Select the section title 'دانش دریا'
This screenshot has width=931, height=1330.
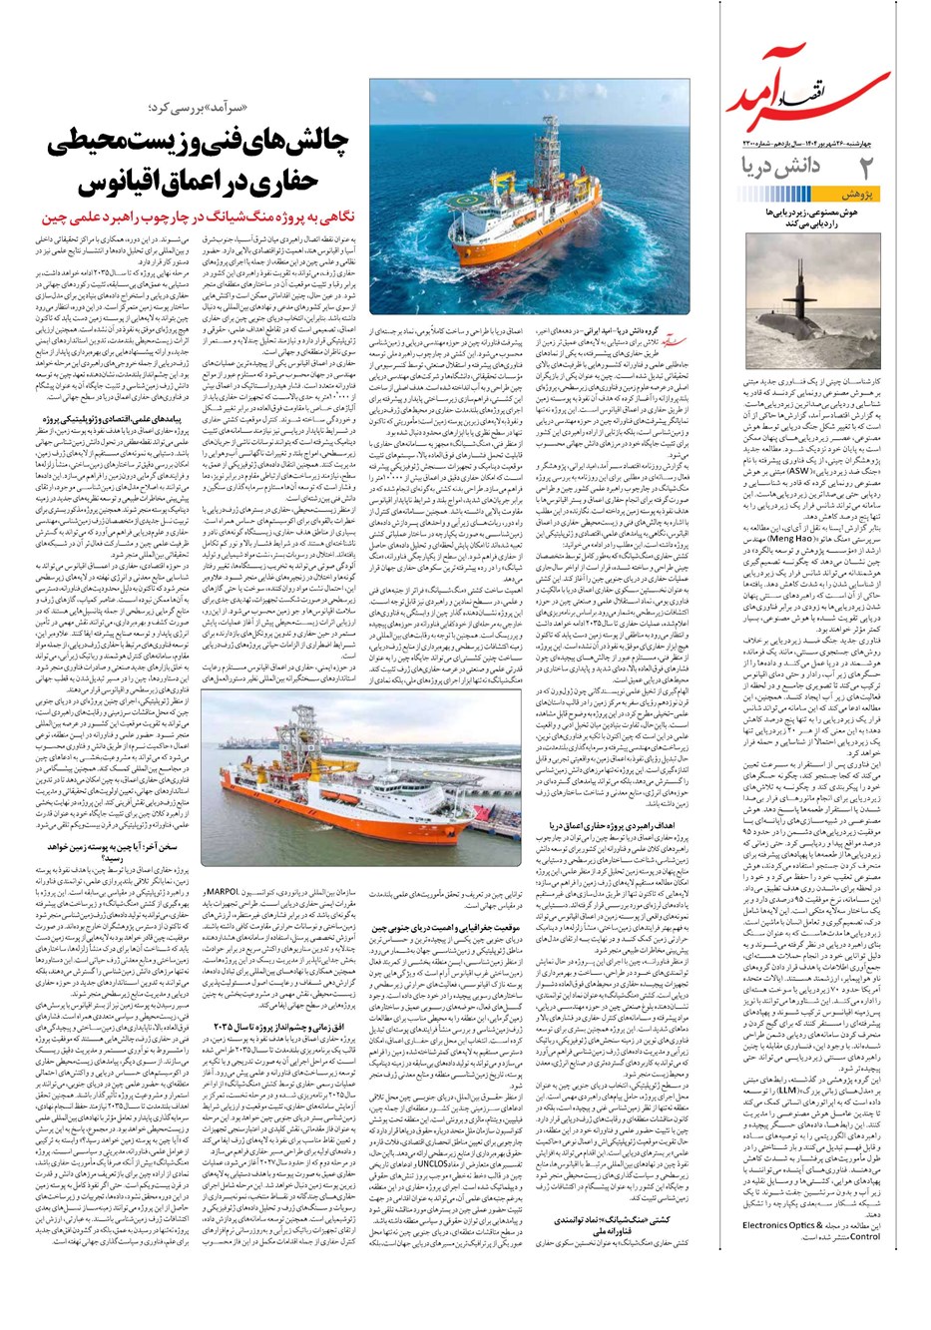[x=791, y=167]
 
